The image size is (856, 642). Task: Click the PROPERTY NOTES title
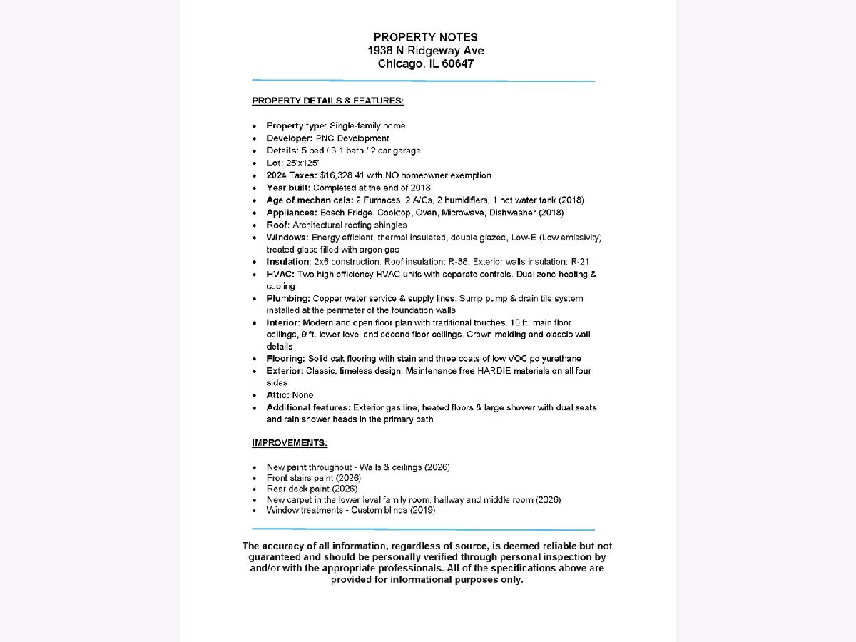[x=426, y=37]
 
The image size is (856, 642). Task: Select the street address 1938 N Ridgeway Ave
[x=426, y=51]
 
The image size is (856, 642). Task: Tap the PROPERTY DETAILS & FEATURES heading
[x=328, y=101]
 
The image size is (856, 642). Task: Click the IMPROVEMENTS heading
[x=290, y=443]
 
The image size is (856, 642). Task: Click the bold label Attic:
[x=279, y=395]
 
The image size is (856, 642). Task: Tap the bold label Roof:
[x=278, y=225]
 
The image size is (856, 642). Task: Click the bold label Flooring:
[x=286, y=359]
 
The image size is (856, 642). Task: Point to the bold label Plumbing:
[x=287, y=298]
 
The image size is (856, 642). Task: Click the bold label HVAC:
[x=280, y=274]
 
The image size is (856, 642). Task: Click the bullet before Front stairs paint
[x=255, y=478]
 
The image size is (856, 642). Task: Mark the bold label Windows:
[x=287, y=238]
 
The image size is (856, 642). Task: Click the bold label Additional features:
[x=308, y=407]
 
